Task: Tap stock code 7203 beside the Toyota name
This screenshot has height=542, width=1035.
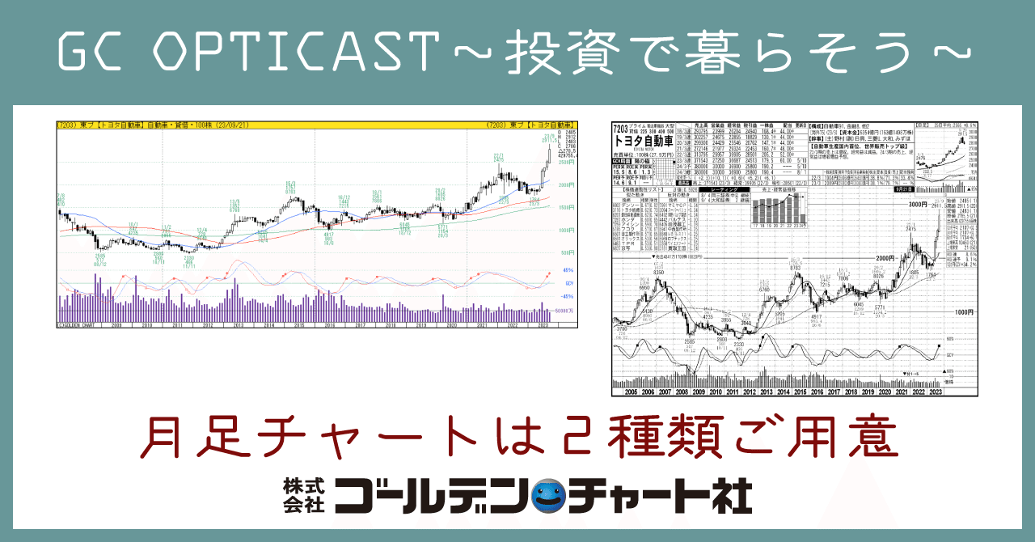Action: (x=621, y=128)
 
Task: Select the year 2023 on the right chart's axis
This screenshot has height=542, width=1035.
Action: (x=936, y=391)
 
